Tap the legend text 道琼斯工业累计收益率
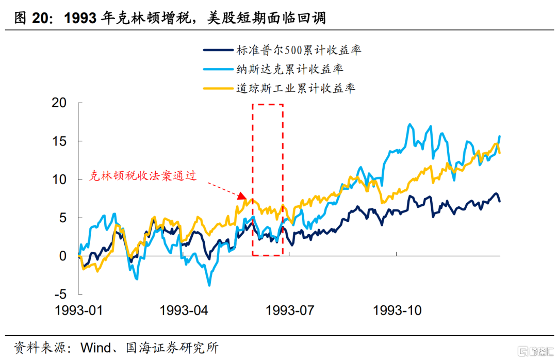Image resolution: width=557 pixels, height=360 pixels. tap(296, 88)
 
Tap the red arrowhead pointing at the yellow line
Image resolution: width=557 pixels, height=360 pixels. tap(243, 196)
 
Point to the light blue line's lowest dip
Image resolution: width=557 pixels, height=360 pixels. tap(209, 285)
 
